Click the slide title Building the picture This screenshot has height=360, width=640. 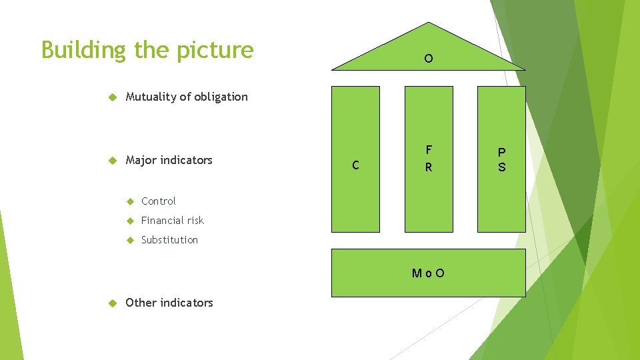[x=147, y=50]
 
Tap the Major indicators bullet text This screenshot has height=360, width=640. [x=169, y=160]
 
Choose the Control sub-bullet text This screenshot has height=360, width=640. [x=159, y=201]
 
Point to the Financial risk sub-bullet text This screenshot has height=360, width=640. [x=173, y=220]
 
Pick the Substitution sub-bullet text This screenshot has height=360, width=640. [x=169, y=239]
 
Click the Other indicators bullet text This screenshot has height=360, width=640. [x=169, y=303]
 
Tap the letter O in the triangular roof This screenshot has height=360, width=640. [x=429, y=59]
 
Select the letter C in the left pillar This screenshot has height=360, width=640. [x=356, y=165]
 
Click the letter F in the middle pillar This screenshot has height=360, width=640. [x=429, y=149]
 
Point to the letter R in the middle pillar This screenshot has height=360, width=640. [x=429, y=167]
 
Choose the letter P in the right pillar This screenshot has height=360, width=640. [x=502, y=152]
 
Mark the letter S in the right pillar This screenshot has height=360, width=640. [x=502, y=167]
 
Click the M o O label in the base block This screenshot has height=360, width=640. [x=429, y=273]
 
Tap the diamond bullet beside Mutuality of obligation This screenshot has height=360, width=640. [x=112, y=97]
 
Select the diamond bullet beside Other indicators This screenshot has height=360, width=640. [x=112, y=303]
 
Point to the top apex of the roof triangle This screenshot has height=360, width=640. [x=429, y=23]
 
